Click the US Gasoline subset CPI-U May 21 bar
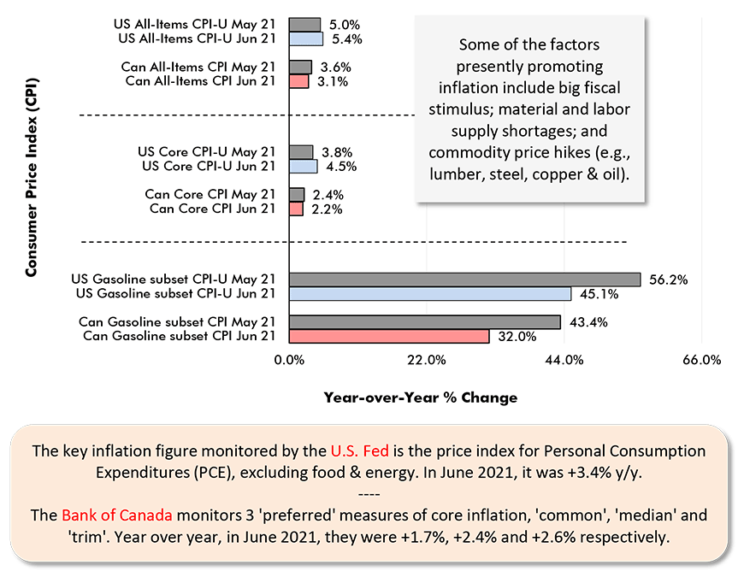pos(464,279)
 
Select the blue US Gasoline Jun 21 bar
pos(430,293)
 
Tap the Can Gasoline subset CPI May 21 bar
pos(424,322)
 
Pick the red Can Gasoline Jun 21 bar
pos(389,337)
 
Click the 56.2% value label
pos(668,280)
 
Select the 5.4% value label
pos(346,38)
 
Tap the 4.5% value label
pos(340,167)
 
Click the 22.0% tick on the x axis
pos(426,360)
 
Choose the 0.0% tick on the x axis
pos(290,360)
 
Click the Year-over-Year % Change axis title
pos(420,397)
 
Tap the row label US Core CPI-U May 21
pos(207,152)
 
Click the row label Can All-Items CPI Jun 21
pos(200,81)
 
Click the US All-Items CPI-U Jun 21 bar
pos(306,38)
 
